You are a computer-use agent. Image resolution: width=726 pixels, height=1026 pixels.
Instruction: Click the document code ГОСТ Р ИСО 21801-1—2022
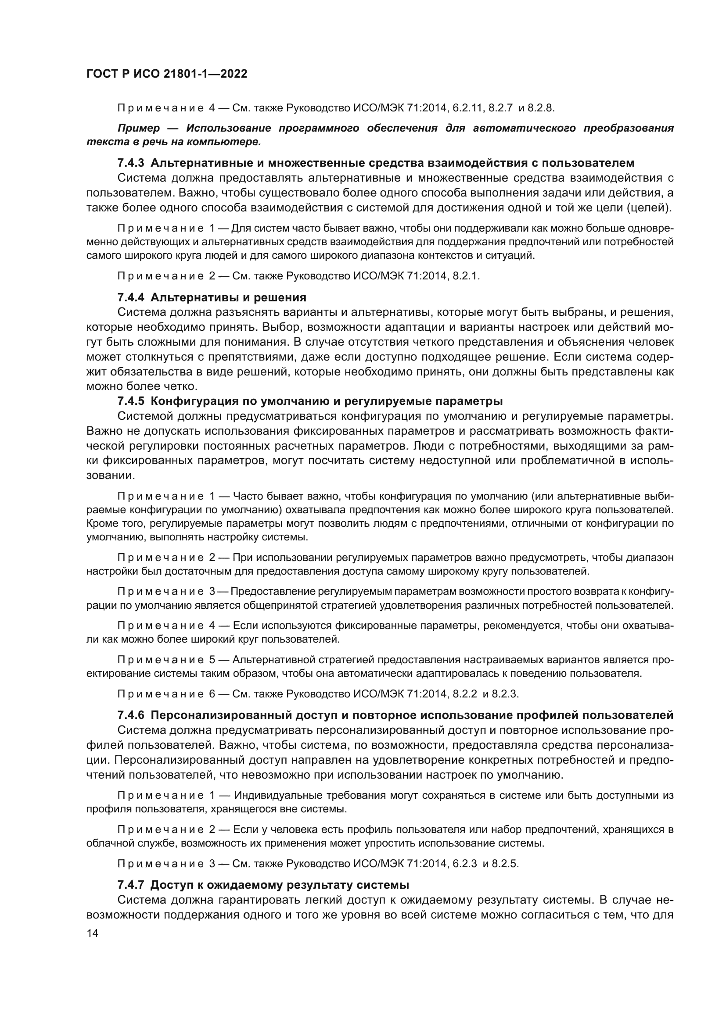coord(167,74)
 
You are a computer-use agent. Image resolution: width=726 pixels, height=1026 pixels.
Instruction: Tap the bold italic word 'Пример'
coord(139,129)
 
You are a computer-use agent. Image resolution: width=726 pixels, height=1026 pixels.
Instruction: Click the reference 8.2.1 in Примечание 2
coord(466,276)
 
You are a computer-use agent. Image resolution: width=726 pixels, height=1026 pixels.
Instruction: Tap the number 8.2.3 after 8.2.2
coord(505,694)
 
